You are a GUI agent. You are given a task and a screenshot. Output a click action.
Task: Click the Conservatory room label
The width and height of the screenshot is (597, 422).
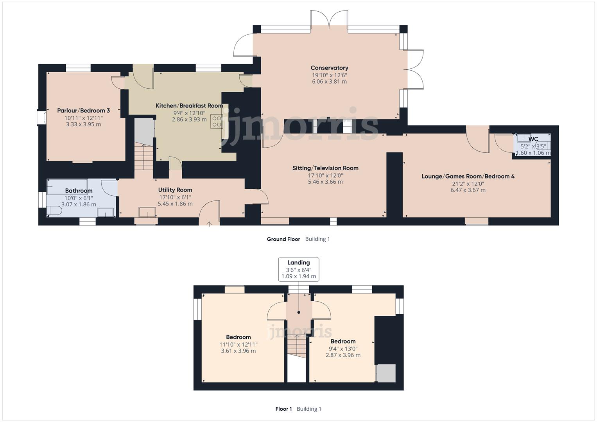pos(329,68)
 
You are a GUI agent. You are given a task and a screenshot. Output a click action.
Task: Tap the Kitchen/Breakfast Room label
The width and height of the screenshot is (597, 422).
pos(189,105)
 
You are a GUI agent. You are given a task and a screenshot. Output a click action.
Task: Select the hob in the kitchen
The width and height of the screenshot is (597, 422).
pos(216,121)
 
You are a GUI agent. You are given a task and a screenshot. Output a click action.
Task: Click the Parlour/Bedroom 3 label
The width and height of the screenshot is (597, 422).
pos(83,111)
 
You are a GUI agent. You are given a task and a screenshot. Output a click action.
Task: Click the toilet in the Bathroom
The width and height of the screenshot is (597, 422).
pos(54,211)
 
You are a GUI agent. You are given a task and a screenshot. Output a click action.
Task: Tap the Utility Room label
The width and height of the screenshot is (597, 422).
pos(175,190)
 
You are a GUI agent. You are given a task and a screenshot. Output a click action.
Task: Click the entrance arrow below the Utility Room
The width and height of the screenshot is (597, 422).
pos(209,224)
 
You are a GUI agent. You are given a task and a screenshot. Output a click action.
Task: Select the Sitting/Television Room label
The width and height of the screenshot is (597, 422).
pos(325,168)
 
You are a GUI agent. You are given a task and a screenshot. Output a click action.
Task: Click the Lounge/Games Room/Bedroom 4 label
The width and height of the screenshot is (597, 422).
pos(468,176)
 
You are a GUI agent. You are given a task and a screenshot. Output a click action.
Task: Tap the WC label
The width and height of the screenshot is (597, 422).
pos(533,139)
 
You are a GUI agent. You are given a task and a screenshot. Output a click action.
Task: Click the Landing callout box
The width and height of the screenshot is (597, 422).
pos(299,269)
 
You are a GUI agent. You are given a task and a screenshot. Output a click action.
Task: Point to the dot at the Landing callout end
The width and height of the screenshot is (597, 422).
pos(299,313)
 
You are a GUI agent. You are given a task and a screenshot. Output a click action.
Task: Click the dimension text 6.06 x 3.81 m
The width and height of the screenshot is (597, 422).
pos(329,82)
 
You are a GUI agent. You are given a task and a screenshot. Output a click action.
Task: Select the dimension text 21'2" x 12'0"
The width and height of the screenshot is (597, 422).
pos(468,183)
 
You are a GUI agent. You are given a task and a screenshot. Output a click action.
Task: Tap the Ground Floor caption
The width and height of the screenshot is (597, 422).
pos(283,239)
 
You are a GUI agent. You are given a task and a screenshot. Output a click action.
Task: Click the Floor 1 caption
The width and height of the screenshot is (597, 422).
pos(284,409)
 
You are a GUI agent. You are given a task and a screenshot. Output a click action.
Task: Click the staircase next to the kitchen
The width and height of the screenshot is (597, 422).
pos(144,157)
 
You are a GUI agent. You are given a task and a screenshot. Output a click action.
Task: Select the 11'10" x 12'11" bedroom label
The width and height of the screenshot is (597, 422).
pos(238,337)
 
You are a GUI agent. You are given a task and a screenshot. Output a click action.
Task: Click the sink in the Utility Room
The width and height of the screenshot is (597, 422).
pos(147,212)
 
